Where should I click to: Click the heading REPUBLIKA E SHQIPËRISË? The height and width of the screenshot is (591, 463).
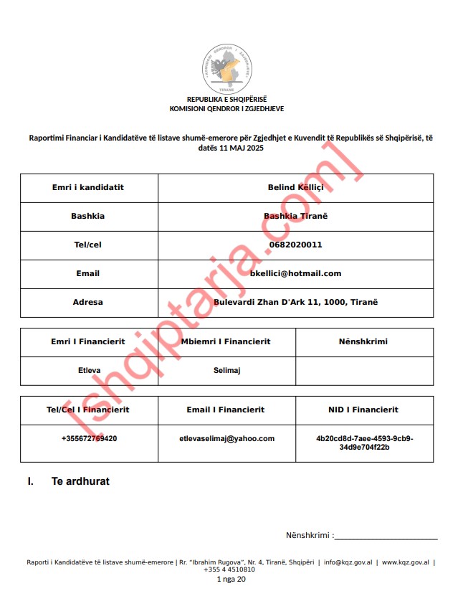226,100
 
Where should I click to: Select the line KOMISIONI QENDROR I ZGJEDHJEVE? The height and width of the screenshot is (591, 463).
226,109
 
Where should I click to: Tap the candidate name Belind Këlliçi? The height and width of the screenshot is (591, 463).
295,187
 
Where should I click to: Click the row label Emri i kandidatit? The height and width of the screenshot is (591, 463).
88,187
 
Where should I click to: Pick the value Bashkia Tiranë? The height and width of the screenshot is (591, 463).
295,216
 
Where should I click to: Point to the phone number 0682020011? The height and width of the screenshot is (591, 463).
295,245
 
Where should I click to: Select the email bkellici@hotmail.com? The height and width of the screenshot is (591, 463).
295,273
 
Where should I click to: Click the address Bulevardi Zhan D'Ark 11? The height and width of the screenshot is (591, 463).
295,302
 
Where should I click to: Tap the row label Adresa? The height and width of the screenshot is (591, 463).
88,302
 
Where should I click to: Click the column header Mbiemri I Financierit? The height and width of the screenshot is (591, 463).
226,341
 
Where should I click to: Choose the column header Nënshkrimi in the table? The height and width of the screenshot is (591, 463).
364,341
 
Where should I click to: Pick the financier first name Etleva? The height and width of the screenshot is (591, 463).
89,371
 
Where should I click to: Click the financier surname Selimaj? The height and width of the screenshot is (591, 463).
226,371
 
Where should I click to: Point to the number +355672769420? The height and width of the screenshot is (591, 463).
89,438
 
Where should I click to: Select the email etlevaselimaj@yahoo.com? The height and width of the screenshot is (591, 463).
226,438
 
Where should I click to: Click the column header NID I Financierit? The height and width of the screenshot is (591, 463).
364,410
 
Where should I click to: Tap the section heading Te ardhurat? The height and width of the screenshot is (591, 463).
80,481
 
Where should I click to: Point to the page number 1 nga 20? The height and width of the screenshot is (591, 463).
230,579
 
